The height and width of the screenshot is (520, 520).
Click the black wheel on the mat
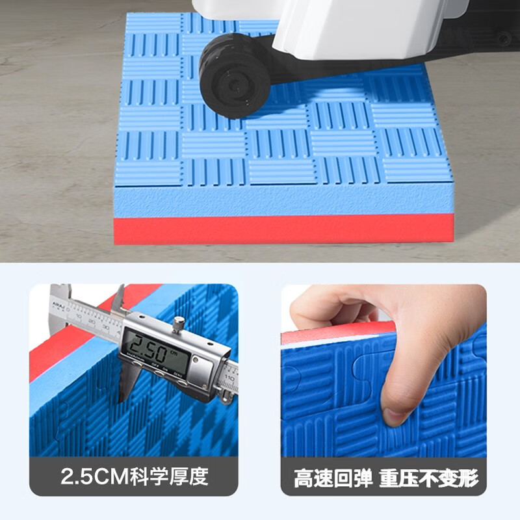[x=235, y=74]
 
